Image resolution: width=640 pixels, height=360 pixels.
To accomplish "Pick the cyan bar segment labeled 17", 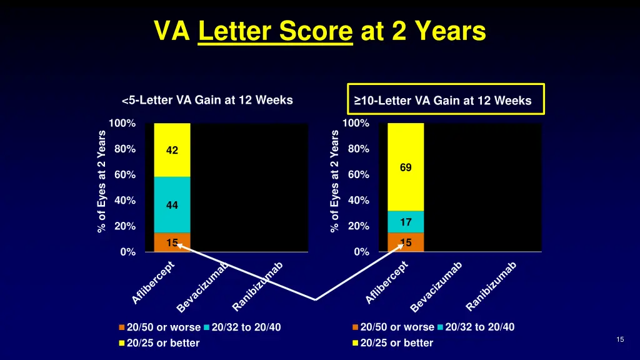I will pos(405,222).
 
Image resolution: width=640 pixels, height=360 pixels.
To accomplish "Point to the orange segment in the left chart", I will pos(172,242).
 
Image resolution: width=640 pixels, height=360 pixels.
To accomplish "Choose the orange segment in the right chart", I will pos(405,242).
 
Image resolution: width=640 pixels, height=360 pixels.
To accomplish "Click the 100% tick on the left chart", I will pos(122,124).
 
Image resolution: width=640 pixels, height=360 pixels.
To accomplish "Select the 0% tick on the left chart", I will pos(127,252).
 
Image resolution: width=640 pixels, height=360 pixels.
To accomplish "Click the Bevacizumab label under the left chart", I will pos(202,287).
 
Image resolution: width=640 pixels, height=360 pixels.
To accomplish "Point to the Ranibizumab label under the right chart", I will pos(492,286).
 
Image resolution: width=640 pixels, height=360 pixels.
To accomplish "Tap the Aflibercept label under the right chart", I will pos(387,282).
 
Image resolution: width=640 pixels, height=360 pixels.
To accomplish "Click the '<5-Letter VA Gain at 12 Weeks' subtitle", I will pos(207,100).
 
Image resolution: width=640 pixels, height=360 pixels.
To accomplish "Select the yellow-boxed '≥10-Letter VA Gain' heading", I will pos(446,100).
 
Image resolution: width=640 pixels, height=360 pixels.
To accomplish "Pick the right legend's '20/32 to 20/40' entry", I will pos(479,327).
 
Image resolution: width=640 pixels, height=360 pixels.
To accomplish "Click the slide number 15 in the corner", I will pos(620,339).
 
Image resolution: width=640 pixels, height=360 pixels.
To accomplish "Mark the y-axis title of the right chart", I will pos(335,181).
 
